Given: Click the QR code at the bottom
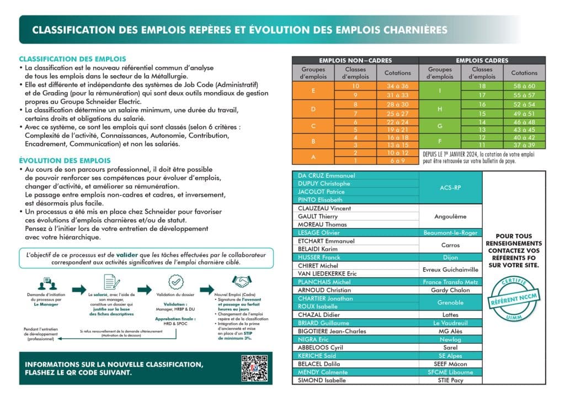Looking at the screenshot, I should [255, 369].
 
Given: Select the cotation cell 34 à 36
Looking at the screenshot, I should [398, 86].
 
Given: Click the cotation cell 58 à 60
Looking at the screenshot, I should [524, 86].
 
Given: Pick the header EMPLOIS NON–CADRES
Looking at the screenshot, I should [355, 60].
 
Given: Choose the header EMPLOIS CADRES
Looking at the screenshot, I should [482, 60].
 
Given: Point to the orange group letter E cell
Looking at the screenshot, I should [313, 91].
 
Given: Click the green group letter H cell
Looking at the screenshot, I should [440, 109].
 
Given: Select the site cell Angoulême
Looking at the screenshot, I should [450, 217].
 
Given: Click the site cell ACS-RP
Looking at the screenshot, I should [450, 188].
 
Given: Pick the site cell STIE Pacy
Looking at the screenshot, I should [450, 380].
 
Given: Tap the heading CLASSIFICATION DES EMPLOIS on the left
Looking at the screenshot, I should [72, 59].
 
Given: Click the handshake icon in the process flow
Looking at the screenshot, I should [241, 282].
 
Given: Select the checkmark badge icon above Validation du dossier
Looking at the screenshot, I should [175, 282].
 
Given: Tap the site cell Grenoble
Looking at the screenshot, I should [450, 302].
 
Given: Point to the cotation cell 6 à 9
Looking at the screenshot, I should [398, 161].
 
